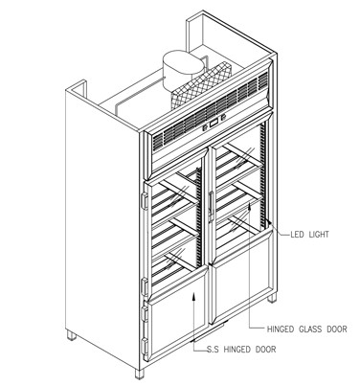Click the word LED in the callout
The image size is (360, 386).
coord(297,235)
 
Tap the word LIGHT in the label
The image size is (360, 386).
coord(319,235)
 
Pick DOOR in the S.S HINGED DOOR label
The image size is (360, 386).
coord(265,350)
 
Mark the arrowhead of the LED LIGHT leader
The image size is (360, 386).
coord(269,221)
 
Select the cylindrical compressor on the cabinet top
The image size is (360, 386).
coord(183,69)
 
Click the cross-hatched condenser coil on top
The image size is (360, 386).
coord(201,85)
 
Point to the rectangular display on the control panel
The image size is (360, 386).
coord(213,124)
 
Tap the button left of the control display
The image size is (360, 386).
coord(205,128)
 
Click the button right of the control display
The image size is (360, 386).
coord(221,119)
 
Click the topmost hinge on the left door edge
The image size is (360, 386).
coord(145,201)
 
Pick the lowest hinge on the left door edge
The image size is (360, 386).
coord(146,347)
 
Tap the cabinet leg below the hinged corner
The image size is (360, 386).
coord(140,374)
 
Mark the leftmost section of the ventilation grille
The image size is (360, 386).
coord(157,141)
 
